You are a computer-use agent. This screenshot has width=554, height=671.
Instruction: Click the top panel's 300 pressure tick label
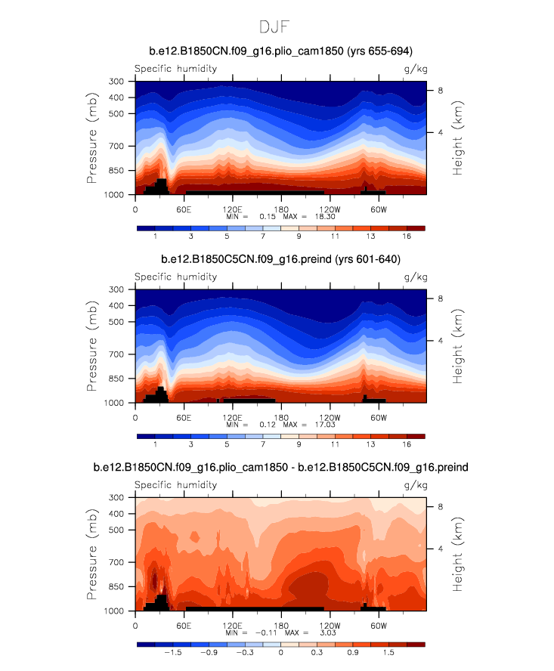116,81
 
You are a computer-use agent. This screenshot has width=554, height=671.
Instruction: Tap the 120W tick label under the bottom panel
330,625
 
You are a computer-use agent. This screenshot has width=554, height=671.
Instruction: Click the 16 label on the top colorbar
407,237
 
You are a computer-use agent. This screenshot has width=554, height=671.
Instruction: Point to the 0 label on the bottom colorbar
280,653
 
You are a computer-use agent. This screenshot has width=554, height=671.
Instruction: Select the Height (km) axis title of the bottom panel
458,554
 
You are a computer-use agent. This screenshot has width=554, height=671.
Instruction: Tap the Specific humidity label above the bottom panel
175,485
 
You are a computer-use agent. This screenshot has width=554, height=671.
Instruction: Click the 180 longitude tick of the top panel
281,209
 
